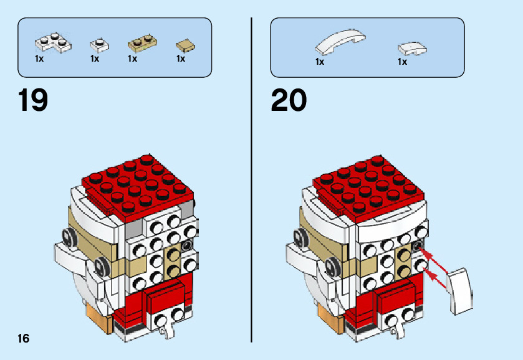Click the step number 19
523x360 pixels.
point(34,100)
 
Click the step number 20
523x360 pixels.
point(289,100)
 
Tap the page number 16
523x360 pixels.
point(23,338)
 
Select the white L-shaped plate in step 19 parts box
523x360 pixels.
point(52,43)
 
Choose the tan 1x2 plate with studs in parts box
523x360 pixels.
point(143,44)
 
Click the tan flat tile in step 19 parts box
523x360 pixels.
point(185,45)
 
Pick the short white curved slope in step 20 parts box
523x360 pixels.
point(412,47)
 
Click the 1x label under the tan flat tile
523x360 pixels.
point(181,59)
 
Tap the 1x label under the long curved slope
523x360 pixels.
point(320,62)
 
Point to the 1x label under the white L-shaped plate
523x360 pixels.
point(39,59)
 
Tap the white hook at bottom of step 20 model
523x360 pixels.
point(396,325)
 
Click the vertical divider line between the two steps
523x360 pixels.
point(251,181)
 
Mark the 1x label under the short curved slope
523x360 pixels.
point(402,62)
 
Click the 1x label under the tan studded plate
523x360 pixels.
point(132,59)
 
